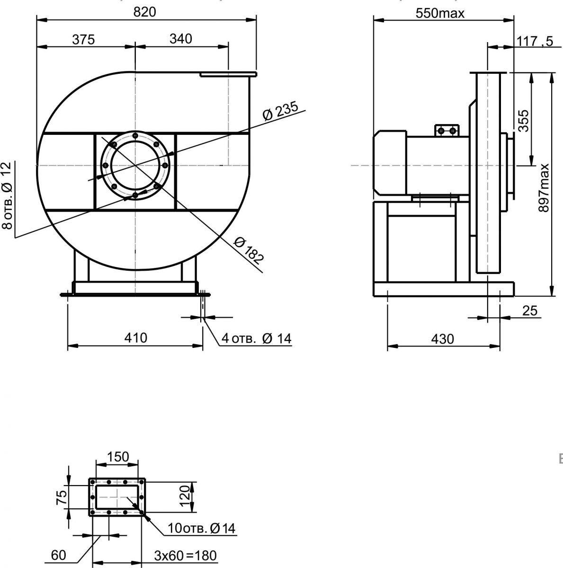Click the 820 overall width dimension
click(144, 12)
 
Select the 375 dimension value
click(83, 39)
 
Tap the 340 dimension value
click(180, 39)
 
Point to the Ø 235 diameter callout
click(280, 111)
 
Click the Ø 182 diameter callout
click(248, 250)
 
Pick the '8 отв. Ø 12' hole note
click(7, 195)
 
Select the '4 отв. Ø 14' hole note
click(256, 338)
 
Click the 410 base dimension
click(135, 338)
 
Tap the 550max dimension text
click(440, 13)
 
